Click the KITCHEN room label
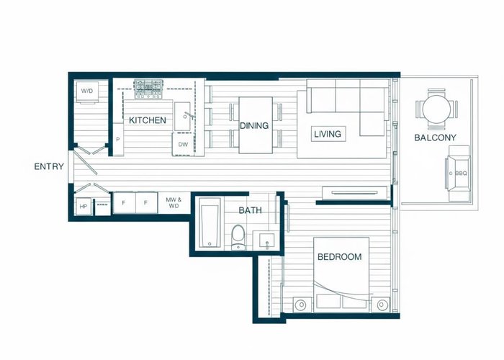pyautogui.click(x=148, y=120)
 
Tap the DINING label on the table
pyautogui.click(x=254, y=126)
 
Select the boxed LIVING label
pyautogui.click(x=328, y=134)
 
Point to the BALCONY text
pyautogui.click(x=435, y=138)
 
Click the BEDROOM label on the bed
pyautogui.click(x=339, y=257)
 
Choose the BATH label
pyautogui.click(x=250, y=210)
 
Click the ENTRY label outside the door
pyautogui.click(x=49, y=166)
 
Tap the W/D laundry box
pyautogui.click(x=87, y=91)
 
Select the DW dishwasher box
pyautogui.click(x=183, y=144)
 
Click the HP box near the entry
pyautogui.click(x=84, y=207)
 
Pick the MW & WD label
pyautogui.click(x=174, y=203)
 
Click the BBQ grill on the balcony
pyautogui.click(x=458, y=173)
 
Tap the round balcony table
pyautogui.click(x=436, y=109)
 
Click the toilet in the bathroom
pyautogui.click(x=238, y=238)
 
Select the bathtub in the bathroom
pyautogui.click(x=210, y=222)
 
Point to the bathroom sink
pyautogui.click(x=266, y=240)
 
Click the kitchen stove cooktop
pyautogui.click(x=148, y=89)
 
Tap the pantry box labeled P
pyautogui.click(x=118, y=139)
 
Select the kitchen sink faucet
pyautogui.click(x=189, y=115)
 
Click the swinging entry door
pyautogui.click(x=86, y=163)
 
